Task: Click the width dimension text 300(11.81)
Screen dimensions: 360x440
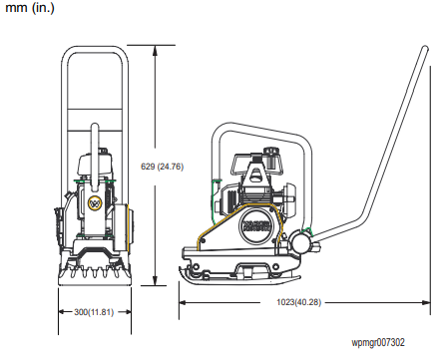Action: point(94,312)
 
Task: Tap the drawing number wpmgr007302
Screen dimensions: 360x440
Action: point(378,343)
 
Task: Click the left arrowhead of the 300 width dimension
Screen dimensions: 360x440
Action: point(61,312)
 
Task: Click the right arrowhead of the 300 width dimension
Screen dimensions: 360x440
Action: point(130,312)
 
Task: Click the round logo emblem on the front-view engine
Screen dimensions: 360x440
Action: point(96,204)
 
